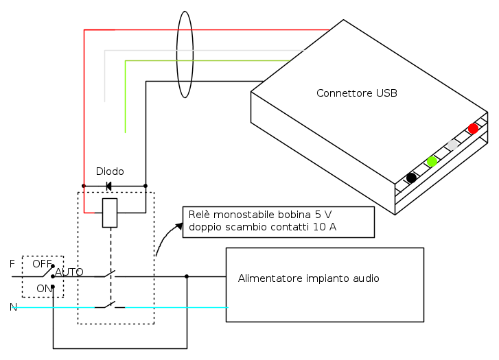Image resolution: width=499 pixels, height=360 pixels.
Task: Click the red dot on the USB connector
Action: [x=473, y=128]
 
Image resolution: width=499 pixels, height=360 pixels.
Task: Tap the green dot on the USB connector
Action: [x=432, y=161]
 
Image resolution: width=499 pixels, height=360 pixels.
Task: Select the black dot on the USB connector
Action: [x=411, y=178]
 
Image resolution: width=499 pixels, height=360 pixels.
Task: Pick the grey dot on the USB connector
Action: [x=452, y=145]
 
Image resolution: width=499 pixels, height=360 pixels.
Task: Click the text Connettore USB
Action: [x=356, y=93]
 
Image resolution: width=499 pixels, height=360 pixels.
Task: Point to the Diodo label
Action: [x=110, y=171]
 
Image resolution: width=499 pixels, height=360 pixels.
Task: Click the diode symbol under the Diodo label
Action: [x=109, y=186]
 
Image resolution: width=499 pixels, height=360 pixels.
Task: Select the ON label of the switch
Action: [x=44, y=289]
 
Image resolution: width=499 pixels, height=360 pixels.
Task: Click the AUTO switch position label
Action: [x=69, y=272]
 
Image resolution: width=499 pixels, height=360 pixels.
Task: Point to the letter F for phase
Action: [x=12, y=263]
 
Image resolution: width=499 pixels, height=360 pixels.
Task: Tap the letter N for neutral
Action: [x=12, y=307]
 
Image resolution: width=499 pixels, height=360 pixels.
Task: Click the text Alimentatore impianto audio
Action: [x=308, y=278]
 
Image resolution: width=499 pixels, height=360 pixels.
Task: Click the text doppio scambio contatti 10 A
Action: [x=262, y=227]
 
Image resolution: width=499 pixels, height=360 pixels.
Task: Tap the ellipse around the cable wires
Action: [x=184, y=56]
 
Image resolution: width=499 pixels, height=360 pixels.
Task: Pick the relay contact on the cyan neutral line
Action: [x=110, y=305]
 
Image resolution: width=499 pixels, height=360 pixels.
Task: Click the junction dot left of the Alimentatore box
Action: [x=187, y=277]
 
